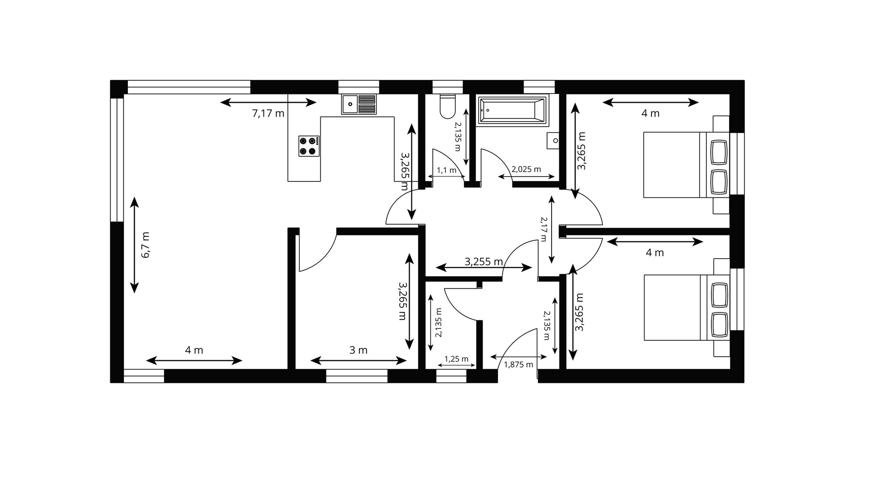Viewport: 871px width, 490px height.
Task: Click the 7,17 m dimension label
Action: coord(268,113)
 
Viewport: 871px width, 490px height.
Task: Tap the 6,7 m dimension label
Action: coord(145,245)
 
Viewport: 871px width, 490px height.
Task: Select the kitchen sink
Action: coord(359,104)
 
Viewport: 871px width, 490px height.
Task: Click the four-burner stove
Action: coord(309,146)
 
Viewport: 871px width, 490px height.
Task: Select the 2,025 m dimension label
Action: coord(526,169)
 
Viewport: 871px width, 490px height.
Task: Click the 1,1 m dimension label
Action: coord(446,170)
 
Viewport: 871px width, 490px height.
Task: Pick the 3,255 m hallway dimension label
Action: coord(484,261)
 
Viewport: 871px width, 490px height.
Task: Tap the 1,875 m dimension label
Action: coord(519,364)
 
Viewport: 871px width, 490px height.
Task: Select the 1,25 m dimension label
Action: coord(456,359)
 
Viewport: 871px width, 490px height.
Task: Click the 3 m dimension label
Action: coord(358,350)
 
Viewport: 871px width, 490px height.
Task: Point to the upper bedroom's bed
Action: coord(686,165)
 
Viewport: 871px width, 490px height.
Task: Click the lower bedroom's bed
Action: coord(686,307)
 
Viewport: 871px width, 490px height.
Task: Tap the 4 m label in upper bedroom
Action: coord(650,113)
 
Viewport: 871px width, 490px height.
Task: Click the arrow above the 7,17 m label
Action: coord(268,102)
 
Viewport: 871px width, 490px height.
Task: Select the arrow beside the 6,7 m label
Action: coord(134,245)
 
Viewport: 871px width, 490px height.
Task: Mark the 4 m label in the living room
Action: coord(194,350)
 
